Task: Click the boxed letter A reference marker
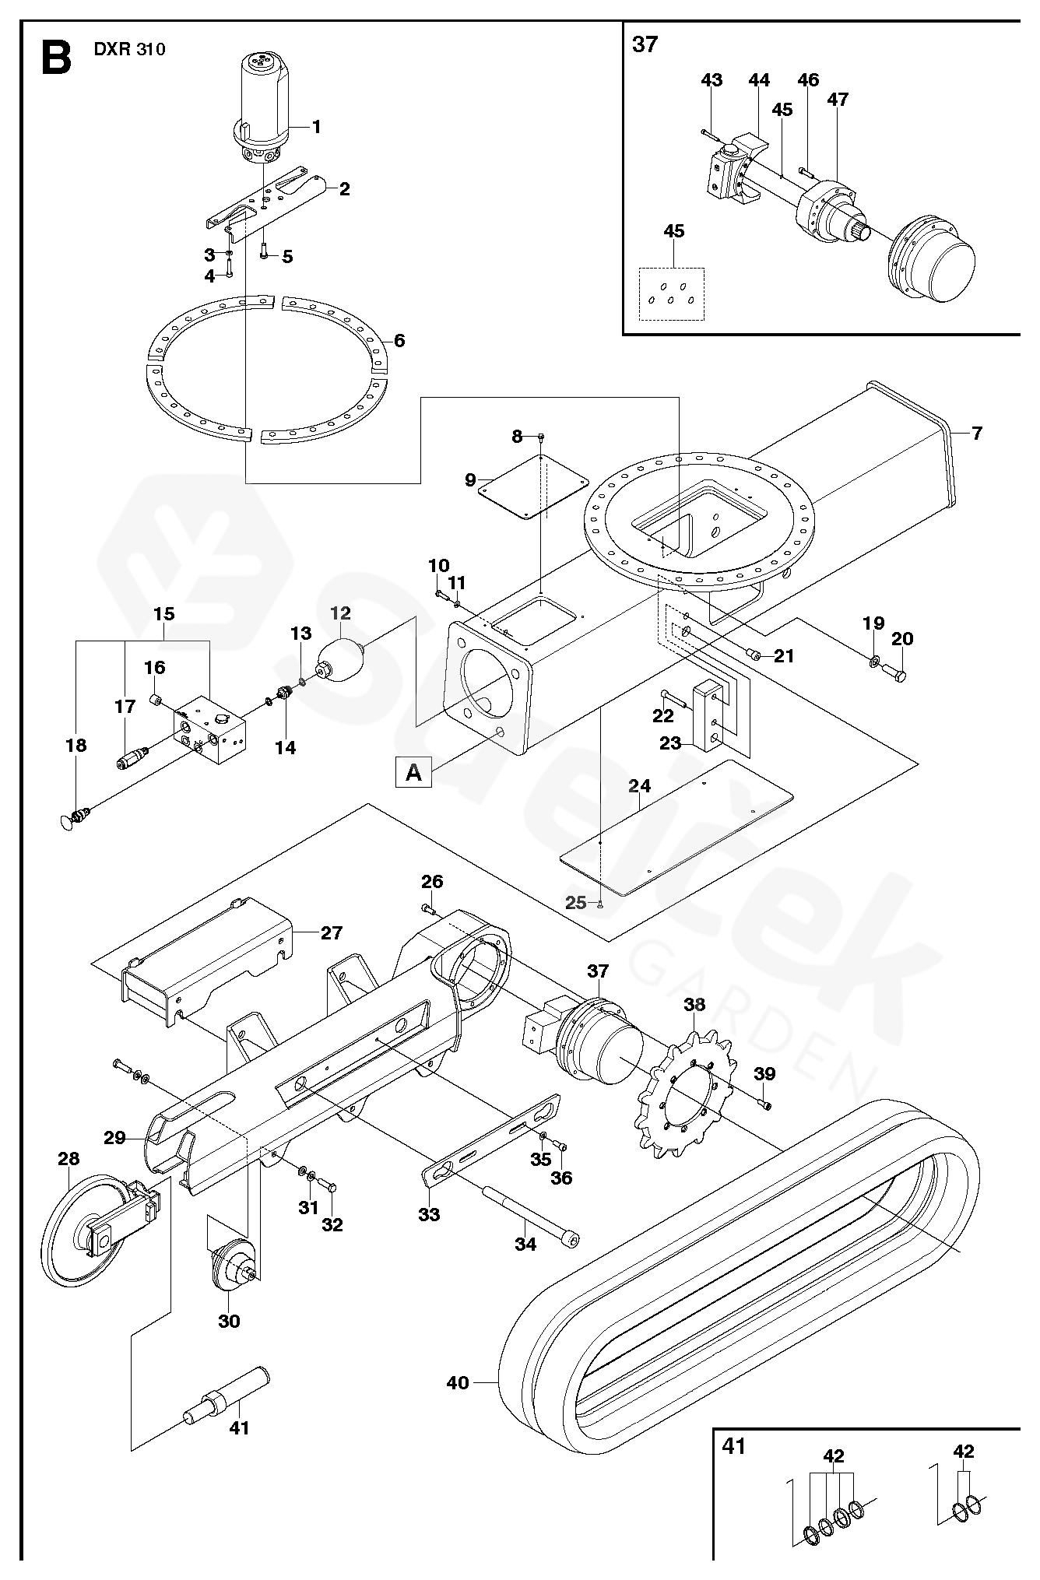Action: click(x=414, y=773)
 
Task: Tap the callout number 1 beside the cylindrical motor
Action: click(x=317, y=126)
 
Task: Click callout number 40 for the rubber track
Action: click(x=458, y=1382)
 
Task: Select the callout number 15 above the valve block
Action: click(x=164, y=613)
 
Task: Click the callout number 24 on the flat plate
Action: click(x=639, y=785)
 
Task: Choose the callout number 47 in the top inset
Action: click(x=838, y=100)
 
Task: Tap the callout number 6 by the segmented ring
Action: click(x=399, y=340)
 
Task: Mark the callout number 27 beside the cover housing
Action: click(x=331, y=932)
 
